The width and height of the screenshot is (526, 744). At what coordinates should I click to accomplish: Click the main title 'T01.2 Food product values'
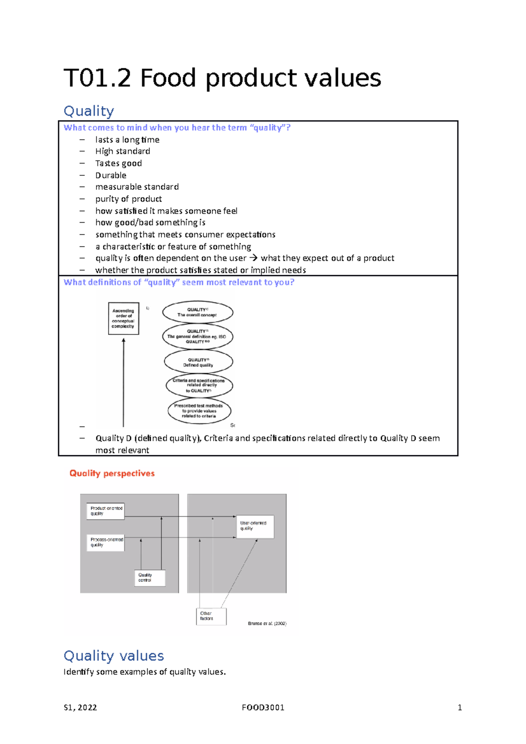point(222,78)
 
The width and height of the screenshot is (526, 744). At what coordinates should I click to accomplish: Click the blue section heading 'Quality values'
point(114,655)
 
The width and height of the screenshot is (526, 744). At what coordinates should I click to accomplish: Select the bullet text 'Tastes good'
point(118,163)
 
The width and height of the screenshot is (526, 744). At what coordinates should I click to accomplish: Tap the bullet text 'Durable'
point(111,175)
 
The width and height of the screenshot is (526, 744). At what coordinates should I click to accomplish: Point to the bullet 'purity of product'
point(128,199)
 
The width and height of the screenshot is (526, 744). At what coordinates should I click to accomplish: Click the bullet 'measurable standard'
point(137,187)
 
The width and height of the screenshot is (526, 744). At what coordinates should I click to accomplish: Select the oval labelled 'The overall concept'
point(198,312)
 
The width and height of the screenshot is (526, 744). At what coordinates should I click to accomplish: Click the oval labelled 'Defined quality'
point(199,362)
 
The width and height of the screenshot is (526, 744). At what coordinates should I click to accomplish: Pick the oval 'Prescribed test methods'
point(199,411)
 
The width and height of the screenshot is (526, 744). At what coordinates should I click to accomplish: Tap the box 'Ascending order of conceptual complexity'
point(124,319)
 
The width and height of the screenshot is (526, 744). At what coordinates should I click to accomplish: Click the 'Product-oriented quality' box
point(106,511)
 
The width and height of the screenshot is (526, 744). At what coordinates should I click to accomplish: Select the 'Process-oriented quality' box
point(106,542)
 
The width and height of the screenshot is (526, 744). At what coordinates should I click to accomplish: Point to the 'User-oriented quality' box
point(255,526)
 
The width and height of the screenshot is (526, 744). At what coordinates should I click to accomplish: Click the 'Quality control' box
point(149,577)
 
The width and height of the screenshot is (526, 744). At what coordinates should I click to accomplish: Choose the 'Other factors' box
point(211,616)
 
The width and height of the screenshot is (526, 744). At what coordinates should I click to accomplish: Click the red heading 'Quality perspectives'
point(112,473)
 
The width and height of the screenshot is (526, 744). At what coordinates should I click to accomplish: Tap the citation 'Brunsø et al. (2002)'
point(267,624)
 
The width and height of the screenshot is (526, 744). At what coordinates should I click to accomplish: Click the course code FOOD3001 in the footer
point(263,708)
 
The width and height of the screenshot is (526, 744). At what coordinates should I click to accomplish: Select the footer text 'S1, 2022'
point(80,708)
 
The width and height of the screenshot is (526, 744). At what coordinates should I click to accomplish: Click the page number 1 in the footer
point(459,708)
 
